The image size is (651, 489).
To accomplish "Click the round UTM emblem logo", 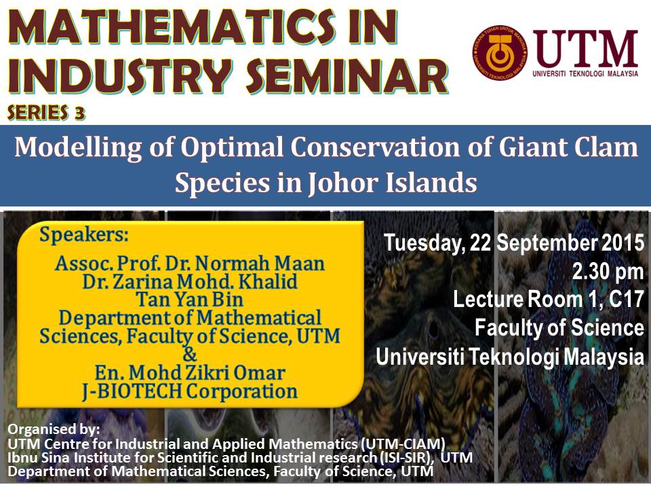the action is point(500,52).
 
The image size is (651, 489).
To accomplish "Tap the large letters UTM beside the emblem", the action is point(586,49).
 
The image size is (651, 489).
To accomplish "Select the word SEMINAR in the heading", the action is point(347,76).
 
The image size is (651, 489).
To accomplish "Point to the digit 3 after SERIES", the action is point(79,113).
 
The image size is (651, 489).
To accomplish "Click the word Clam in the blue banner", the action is point(610,147).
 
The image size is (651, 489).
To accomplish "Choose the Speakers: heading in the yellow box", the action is point(84,235).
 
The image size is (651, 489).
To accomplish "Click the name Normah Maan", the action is point(260,264).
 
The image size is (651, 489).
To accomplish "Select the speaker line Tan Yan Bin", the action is point(189,300).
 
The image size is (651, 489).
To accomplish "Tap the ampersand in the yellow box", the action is point(190,354).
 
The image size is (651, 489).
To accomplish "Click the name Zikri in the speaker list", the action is point(207,373).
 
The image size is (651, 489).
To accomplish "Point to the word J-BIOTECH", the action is point(132,392).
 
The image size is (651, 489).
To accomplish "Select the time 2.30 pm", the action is point(608,272).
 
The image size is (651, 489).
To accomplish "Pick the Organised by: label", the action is point(54,429).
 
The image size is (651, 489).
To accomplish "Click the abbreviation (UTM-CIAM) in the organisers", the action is point(403,443).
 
